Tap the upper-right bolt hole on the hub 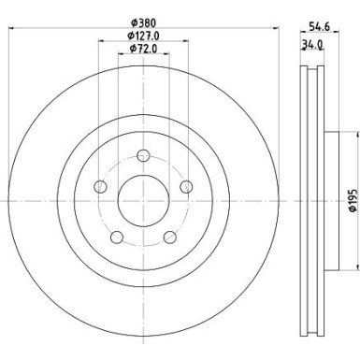[x=185, y=186]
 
